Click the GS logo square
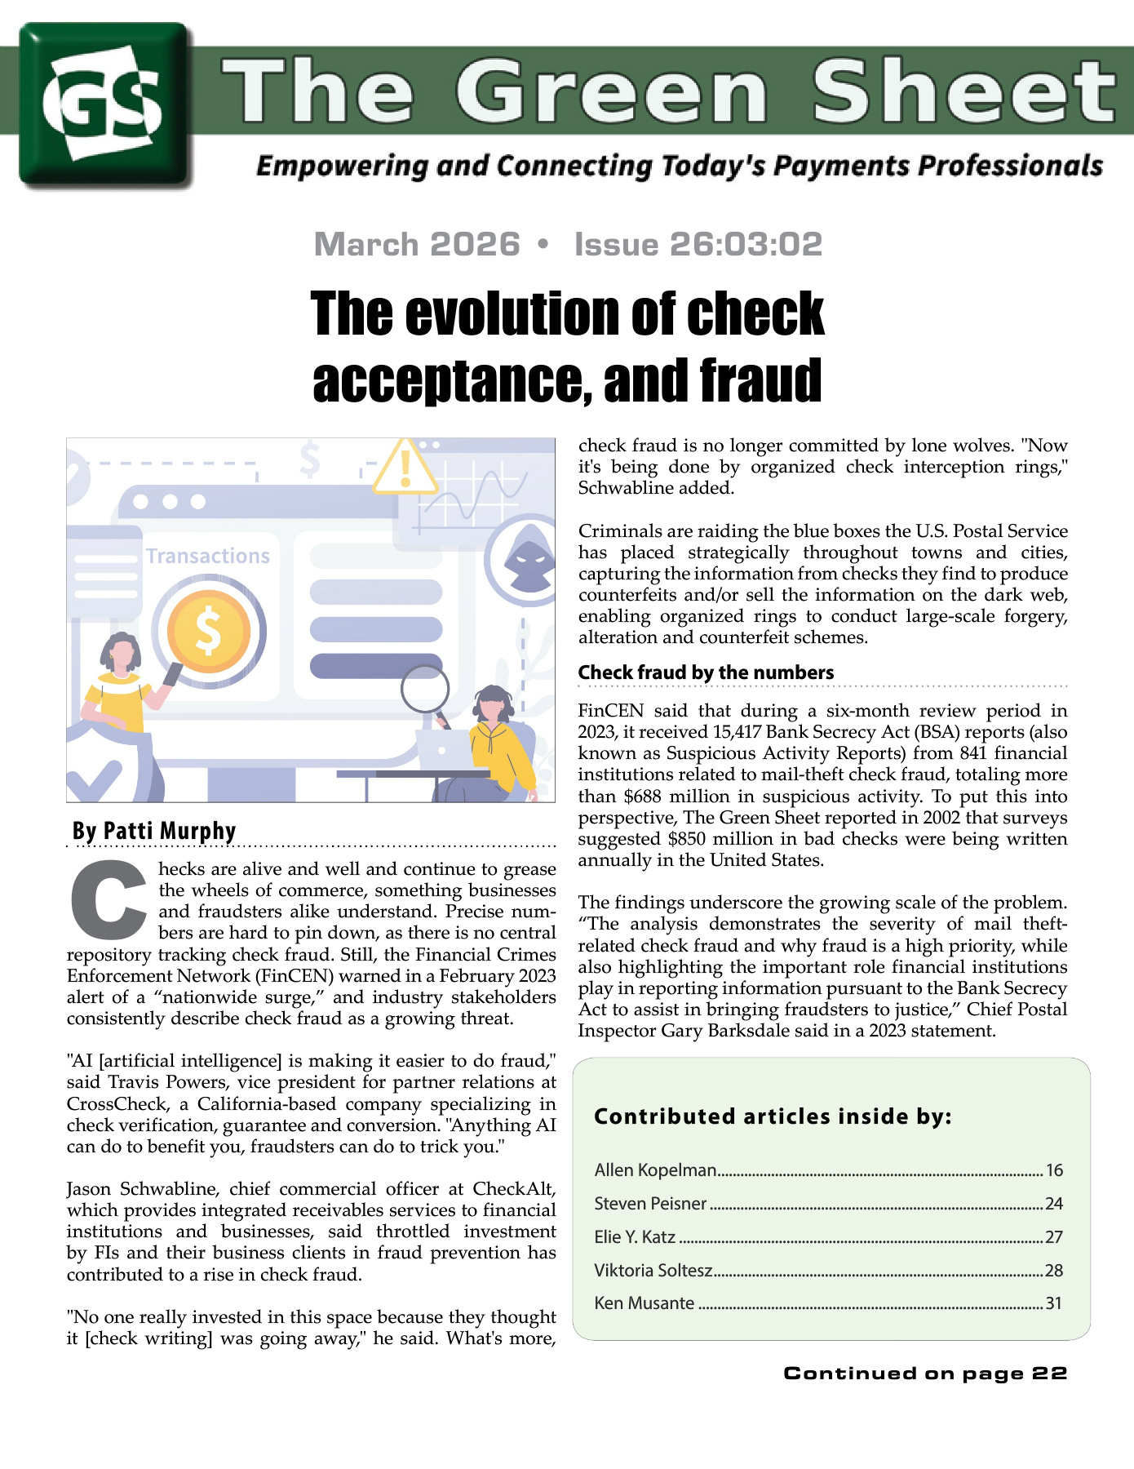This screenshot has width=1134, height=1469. tap(106, 104)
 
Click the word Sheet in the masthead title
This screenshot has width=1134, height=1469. tap(963, 91)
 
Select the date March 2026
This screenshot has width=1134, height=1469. tap(417, 245)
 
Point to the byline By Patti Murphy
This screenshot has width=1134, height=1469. tap(154, 831)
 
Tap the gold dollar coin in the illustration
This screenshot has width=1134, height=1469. tap(208, 632)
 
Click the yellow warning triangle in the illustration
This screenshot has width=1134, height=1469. tap(405, 468)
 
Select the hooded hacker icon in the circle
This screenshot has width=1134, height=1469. tap(529, 561)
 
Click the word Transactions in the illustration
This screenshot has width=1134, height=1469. tap(208, 556)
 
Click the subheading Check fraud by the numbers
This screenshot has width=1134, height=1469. tap(706, 672)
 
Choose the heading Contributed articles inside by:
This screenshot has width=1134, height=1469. tap(773, 1116)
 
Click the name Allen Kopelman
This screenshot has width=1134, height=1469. tap(655, 1170)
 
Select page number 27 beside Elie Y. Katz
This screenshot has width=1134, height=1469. tap(1054, 1237)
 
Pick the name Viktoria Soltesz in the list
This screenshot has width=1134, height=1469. tap(653, 1271)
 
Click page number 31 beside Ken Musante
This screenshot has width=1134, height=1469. tap(1054, 1303)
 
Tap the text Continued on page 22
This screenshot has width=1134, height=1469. tap(925, 1374)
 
